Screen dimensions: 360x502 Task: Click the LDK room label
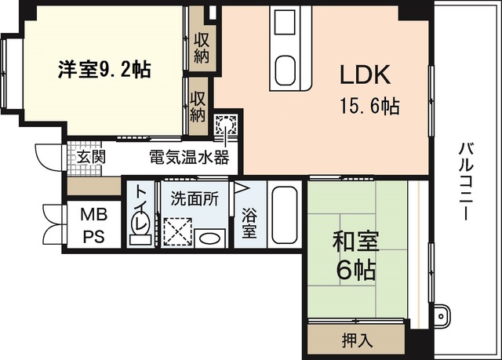coord(364,75)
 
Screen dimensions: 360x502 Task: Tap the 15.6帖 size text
coord(369,105)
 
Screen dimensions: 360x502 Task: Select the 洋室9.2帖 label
coord(104,69)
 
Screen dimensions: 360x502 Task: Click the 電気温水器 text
coord(188,157)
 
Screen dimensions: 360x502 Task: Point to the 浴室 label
coord(249,222)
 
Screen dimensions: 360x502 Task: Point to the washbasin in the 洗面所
coord(209,238)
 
